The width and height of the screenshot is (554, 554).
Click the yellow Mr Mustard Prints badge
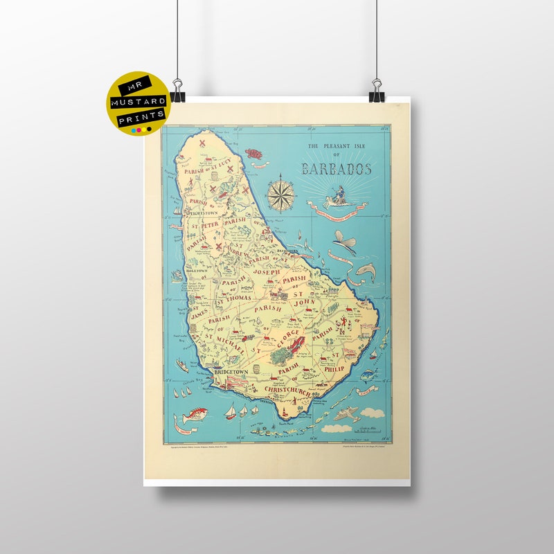(x=138, y=104)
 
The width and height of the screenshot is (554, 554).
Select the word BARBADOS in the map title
(x=337, y=169)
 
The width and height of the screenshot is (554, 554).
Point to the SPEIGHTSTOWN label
(x=202, y=214)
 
